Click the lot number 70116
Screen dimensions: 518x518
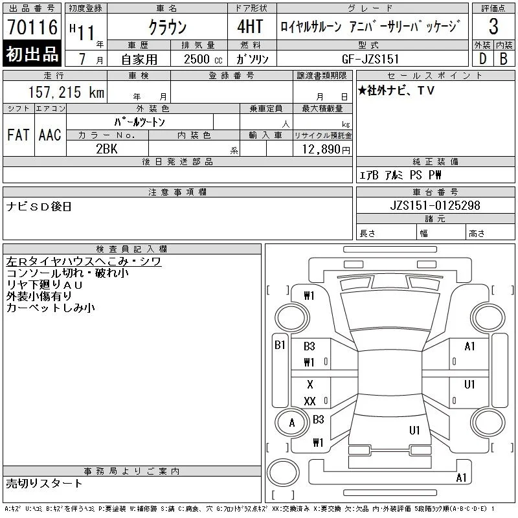point(32,27)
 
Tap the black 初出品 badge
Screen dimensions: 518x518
point(32,54)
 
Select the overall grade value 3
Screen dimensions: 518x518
point(493,27)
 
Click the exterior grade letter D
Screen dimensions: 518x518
point(482,58)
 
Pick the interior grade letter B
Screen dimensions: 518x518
point(504,58)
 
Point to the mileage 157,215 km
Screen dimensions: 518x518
point(67,92)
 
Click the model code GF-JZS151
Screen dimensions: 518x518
point(370,59)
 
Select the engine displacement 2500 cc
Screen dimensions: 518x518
point(203,60)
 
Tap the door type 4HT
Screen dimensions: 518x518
point(250,27)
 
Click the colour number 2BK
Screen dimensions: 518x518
point(107,149)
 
